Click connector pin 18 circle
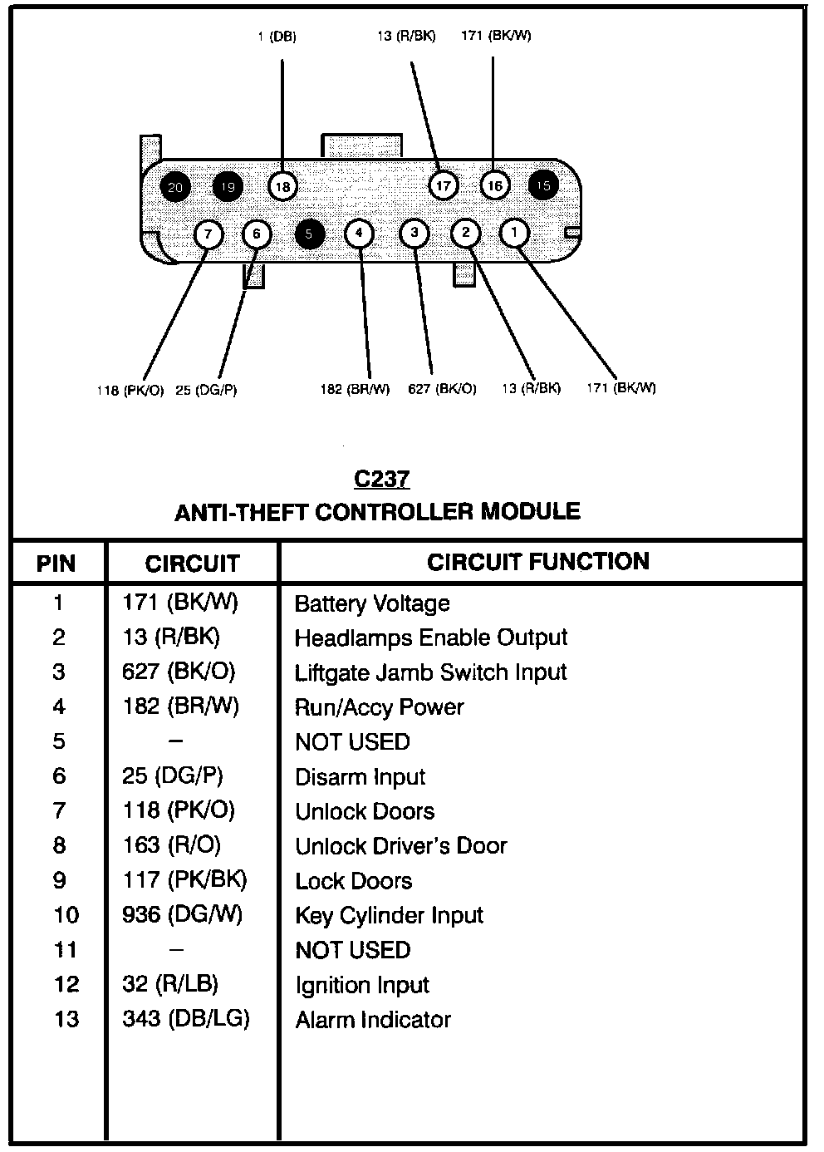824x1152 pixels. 282,187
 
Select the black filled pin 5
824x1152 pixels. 308,234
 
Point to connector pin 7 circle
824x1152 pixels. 208,234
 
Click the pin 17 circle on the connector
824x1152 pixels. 444,185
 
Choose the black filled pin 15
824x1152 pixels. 543,185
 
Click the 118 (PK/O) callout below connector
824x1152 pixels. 130,390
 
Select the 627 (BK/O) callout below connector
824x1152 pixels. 442,389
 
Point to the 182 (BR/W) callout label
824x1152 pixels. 355,389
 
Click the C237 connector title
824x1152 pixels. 381,480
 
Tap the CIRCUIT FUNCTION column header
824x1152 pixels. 538,562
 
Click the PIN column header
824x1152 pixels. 56,564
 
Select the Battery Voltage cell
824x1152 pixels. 372,603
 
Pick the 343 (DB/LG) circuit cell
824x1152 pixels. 185,1018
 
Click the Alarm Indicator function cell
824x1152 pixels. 373,1020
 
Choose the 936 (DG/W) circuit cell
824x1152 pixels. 182,914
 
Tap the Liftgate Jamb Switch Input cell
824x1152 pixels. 430,672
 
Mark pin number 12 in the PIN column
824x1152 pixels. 66,985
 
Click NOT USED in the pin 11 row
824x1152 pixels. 352,950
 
